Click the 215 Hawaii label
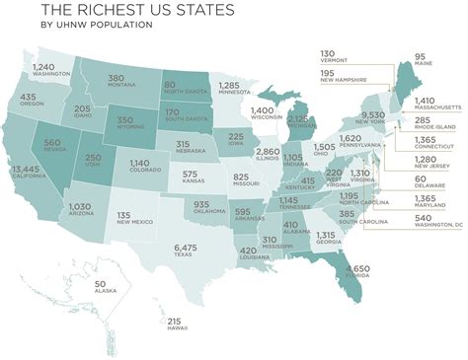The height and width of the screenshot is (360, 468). (175, 324)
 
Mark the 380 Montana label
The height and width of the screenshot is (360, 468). (116, 81)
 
